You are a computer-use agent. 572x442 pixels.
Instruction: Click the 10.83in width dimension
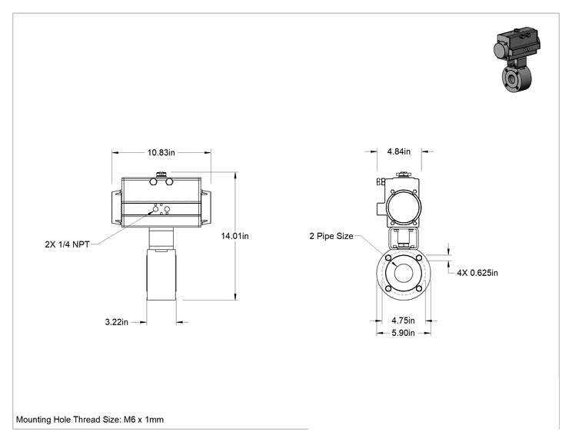point(161,152)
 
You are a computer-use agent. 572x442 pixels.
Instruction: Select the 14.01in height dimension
point(235,236)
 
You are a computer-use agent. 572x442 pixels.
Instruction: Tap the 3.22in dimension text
point(117,322)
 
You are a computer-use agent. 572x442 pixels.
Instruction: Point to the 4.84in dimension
point(399,151)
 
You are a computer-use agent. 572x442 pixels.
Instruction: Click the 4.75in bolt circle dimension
point(403,321)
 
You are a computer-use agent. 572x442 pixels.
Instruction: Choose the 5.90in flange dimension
point(403,333)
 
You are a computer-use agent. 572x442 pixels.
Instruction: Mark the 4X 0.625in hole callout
point(477,273)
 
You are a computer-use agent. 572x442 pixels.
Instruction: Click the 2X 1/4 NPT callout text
point(67,244)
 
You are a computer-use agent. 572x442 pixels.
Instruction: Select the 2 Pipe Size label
point(331,236)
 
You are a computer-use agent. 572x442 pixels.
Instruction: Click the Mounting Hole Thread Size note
point(90,420)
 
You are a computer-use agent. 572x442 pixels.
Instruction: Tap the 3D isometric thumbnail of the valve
point(517,59)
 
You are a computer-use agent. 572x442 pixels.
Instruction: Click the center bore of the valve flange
point(404,272)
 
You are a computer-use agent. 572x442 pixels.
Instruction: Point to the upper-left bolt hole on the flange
point(388,258)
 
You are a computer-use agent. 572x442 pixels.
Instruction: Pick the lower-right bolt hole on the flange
point(419,288)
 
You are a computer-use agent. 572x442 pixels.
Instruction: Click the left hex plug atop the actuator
point(154,181)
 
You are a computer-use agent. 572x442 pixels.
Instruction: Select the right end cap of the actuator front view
point(206,207)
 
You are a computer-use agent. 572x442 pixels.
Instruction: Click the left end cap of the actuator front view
point(117,207)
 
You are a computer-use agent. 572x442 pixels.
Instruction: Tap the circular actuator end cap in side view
point(404,207)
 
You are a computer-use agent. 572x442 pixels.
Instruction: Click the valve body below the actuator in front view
point(161,274)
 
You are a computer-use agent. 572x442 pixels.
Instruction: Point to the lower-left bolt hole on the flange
point(388,288)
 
